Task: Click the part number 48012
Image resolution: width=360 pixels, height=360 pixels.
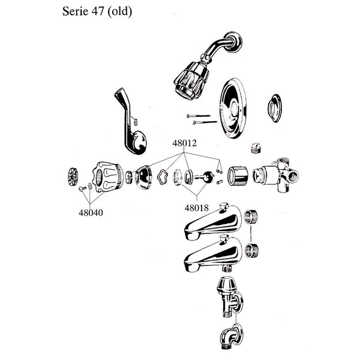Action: point(185,143)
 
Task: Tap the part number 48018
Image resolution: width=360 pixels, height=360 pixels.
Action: point(197,208)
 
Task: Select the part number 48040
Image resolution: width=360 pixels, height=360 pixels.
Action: point(91,212)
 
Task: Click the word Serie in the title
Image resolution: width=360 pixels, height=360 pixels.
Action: point(75,11)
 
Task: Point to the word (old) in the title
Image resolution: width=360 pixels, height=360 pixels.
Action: point(120,11)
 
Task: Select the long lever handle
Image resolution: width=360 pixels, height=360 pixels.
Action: point(130,122)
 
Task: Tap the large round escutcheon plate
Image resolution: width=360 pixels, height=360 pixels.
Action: point(232,109)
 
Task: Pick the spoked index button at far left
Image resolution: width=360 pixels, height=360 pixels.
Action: point(73,176)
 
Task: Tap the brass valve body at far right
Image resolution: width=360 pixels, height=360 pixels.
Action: point(275,175)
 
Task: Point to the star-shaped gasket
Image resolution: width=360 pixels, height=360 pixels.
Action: point(163,178)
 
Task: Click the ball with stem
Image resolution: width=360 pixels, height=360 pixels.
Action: point(205,177)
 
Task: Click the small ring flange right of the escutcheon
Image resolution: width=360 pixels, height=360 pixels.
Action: point(275,108)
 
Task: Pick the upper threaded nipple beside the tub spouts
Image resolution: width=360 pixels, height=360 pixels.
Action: point(251,217)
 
